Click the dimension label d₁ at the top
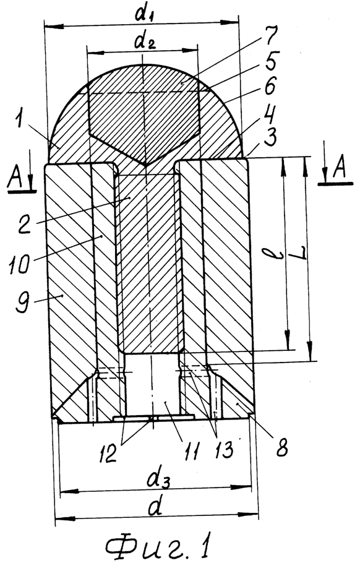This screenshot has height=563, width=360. point(144,15)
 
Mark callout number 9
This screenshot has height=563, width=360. point(21,302)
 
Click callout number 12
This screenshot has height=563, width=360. point(108,453)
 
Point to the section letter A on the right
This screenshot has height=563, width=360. point(338,169)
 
